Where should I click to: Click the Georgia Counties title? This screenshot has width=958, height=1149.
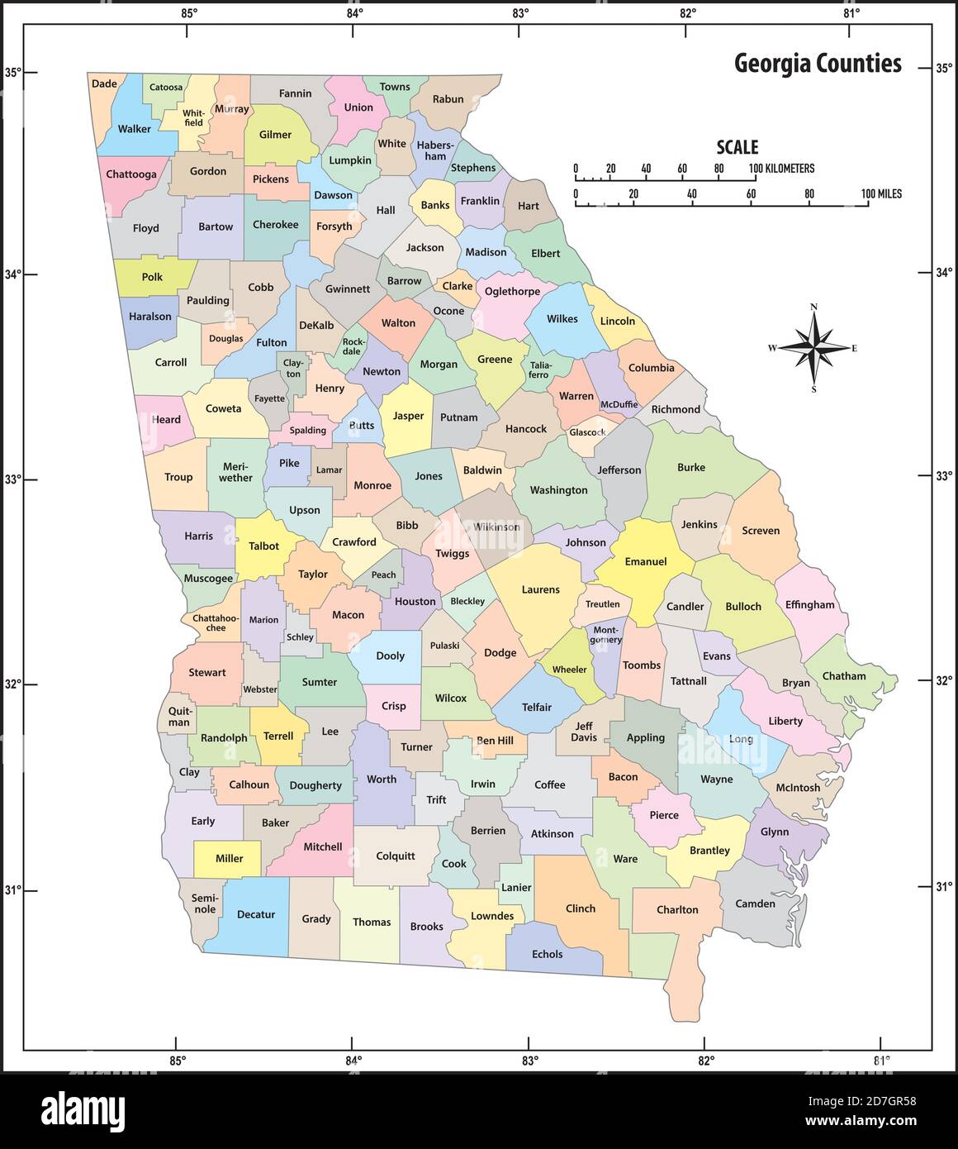point(818,64)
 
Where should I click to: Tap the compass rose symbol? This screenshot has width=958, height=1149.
point(813,348)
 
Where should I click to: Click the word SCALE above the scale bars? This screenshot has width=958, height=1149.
point(737,147)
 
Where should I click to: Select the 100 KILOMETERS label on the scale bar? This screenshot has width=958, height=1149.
point(782,169)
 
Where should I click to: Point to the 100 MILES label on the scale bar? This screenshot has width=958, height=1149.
point(881,194)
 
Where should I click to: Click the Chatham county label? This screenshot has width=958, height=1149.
point(843,676)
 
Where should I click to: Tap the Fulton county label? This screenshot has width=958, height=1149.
point(272,342)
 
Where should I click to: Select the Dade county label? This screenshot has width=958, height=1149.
point(104,83)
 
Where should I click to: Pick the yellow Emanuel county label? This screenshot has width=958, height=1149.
point(645,561)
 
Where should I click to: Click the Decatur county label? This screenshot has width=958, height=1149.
point(255,915)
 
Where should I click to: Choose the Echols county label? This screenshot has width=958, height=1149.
point(547,954)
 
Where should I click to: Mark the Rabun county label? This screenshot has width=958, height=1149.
point(448,99)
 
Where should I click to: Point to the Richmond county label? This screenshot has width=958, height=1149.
point(675,409)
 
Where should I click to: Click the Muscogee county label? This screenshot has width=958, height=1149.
point(208,579)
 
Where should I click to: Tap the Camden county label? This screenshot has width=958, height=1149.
point(755,903)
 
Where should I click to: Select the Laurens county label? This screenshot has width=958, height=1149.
point(540,589)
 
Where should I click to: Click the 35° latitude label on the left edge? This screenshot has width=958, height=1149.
point(12,72)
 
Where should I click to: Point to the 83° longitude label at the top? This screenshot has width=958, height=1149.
point(520,12)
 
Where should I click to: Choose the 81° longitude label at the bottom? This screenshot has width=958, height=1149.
point(880,1061)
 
